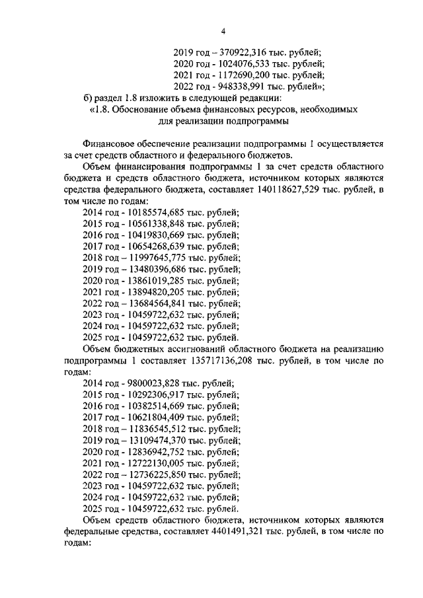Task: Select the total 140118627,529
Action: [273, 190]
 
